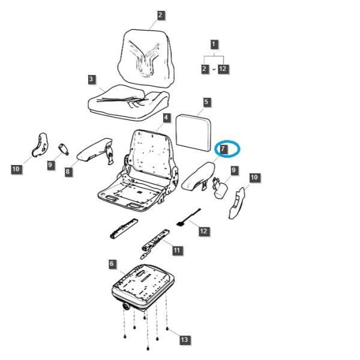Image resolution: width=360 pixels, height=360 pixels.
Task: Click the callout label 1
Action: point(214,44)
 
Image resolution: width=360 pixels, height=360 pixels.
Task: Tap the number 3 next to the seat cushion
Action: point(91,79)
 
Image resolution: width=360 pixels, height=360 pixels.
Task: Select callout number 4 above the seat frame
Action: point(166,118)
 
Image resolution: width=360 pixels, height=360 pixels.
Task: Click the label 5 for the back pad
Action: point(206,102)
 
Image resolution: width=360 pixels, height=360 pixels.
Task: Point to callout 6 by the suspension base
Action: point(112,263)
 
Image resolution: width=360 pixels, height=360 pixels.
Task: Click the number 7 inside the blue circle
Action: point(223,149)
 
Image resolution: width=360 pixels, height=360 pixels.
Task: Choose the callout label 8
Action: point(68,172)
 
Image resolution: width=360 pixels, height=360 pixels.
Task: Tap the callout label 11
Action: point(177,250)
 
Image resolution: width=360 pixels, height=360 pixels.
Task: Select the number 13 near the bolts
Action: point(184,340)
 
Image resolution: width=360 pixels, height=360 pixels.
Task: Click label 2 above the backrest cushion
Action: point(160,15)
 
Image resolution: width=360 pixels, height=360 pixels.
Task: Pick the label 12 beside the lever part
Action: point(203,231)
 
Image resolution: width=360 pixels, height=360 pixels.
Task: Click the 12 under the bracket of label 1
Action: point(223,68)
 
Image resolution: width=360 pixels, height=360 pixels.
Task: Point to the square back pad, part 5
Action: point(193,133)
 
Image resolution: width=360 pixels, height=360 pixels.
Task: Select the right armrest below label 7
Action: point(199,177)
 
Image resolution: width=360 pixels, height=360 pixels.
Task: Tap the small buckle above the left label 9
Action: point(64,149)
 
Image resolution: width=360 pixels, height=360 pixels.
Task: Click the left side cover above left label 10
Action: point(40,145)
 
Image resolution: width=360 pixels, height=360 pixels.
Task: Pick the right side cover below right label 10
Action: point(237,203)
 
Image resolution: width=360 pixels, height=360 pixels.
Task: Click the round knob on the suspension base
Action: point(126,307)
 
